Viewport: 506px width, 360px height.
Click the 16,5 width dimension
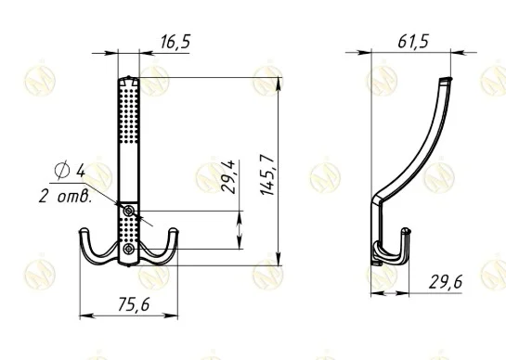[x=175, y=42]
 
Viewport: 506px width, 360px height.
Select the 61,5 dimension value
[x=413, y=42]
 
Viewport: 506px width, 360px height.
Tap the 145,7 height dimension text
[x=267, y=174]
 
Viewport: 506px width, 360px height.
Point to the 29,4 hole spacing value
[x=228, y=177]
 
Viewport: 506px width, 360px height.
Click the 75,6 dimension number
[x=134, y=304]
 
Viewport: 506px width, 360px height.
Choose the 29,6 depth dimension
[x=446, y=282]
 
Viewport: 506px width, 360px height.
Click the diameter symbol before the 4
[x=62, y=170]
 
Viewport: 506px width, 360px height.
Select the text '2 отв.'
[x=65, y=196]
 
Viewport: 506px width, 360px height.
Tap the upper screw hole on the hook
[x=129, y=212]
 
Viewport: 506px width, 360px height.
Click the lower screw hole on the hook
[x=129, y=249]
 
